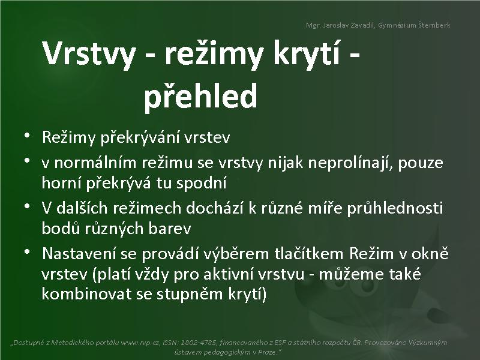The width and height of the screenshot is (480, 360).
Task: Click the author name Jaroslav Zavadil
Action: tap(349, 25)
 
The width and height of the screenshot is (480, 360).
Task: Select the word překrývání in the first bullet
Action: tap(140, 137)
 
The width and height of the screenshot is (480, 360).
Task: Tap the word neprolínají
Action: tap(350, 163)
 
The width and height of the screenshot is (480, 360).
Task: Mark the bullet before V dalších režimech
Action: tap(27, 206)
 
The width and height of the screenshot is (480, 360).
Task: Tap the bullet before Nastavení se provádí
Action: tap(27, 251)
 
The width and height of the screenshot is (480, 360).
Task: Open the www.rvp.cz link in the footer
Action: tap(140, 343)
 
